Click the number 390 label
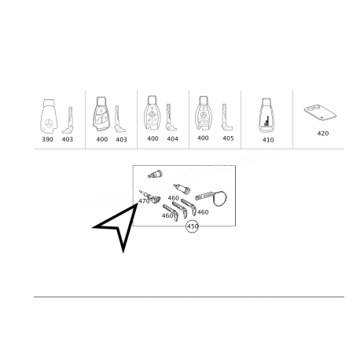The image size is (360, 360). pyautogui.click(x=47, y=139)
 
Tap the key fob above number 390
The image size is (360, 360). pyautogui.click(x=49, y=116)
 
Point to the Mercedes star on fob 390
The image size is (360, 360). pyautogui.click(x=48, y=123)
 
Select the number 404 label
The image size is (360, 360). pyautogui.click(x=172, y=138)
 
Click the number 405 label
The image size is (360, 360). pyautogui.click(x=228, y=138)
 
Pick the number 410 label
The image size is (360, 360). pyautogui.click(x=268, y=140)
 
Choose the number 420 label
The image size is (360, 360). pyautogui.click(x=323, y=134)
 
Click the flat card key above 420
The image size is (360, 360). pyautogui.click(x=320, y=113)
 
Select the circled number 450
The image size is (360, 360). pyautogui.click(x=192, y=226)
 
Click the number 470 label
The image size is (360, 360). pyautogui.click(x=144, y=201)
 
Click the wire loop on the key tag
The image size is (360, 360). pyautogui.click(x=219, y=199)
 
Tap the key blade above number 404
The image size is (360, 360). pyautogui.click(x=171, y=117)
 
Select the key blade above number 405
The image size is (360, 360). pyautogui.click(x=226, y=117)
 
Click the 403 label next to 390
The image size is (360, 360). pyautogui.click(x=68, y=139)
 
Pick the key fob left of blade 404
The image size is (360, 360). pyautogui.click(x=151, y=113)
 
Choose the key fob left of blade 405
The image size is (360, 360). pyautogui.click(x=203, y=113)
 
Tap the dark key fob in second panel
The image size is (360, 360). pyautogui.click(x=101, y=114)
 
